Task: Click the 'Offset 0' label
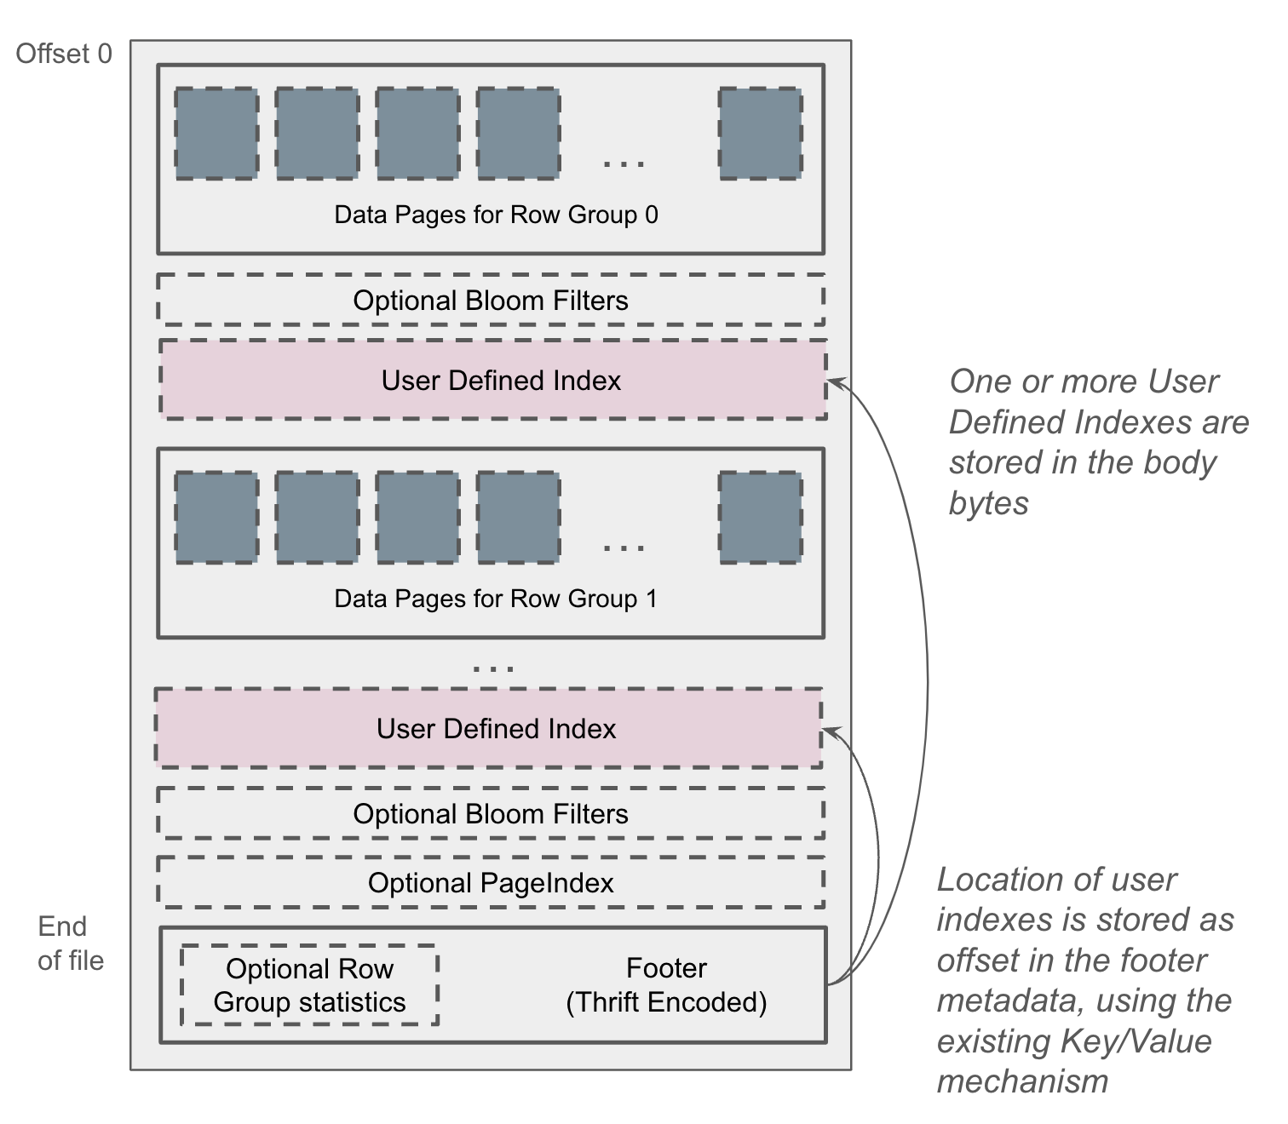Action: [64, 54]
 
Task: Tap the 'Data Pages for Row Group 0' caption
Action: [496, 215]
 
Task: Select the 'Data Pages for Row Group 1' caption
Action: [496, 599]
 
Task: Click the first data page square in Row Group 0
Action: [216, 133]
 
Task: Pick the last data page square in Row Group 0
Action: [761, 133]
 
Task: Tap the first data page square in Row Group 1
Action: [216, 517]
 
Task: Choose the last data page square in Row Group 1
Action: [761, 517]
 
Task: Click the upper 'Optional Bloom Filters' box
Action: [491, 301]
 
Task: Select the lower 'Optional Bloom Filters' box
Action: [491, 814]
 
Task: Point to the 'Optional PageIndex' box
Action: [491, 883]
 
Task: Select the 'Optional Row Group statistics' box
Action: [309, 985]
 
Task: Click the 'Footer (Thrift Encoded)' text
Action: [666, 985]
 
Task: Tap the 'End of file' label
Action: [70, 943]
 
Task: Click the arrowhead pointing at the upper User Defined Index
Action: [834, 382]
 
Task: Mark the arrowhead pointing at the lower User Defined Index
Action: [829, 731]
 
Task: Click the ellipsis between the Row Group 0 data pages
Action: [624, 163]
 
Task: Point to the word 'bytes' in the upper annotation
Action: [989, 503]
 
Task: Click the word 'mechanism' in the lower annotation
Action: [1022, 1081]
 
